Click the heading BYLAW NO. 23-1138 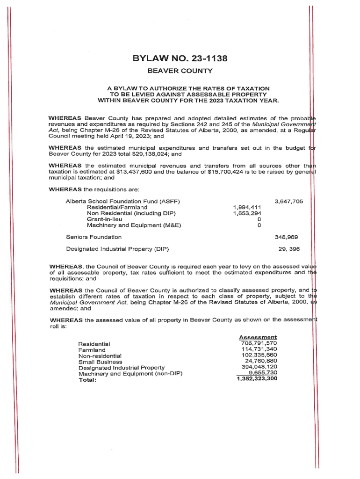pyautogui.click(x=180, y=59)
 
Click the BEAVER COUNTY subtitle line pyautogui.click(x=180, y=71)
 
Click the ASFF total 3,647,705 pyautogui.click(x=289, y=201)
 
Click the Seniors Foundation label pyautogui.click(x=94, y=237)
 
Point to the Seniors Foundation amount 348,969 pyautogui.click(x=292, y=237)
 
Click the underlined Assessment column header pyautogui.click(x=258, y=337)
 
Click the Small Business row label pyautogui.click(x=101, y=362)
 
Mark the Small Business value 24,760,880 pyautogui.click(x=260, y=361)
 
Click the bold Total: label pyautogui.click(x=87, y=380)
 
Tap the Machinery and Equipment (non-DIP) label pyautogui.click(x=130, y=374)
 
